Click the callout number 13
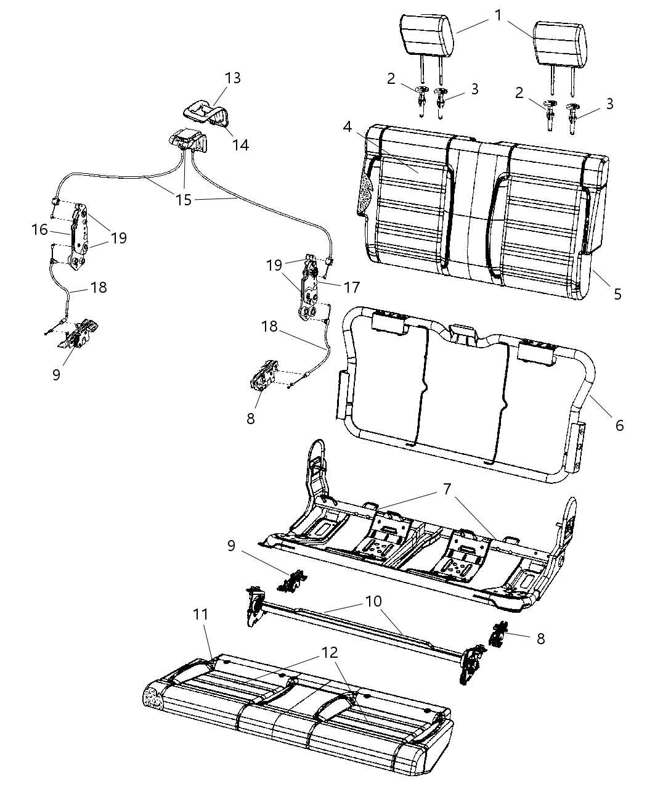click(232, 78)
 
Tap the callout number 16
click(39, 229)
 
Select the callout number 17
click(352, 288)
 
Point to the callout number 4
click(347, 127)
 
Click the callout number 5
click(617, 295)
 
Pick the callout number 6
click(619, 426)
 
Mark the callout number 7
click(447, 489)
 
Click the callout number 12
click(329, 653)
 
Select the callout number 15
click(184, 200)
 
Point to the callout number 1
click(498, 15)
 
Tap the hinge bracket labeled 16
click(78, 237)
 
